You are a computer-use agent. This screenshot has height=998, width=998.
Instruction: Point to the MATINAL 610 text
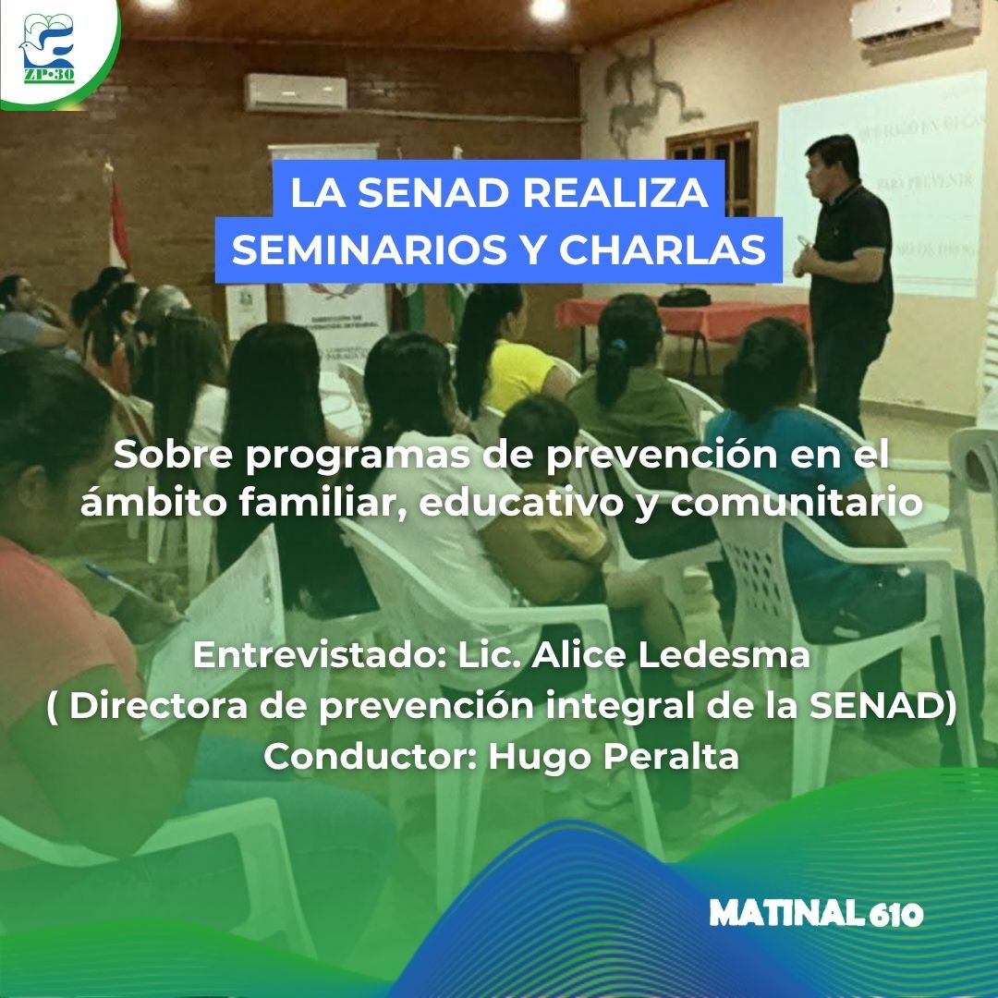click(816, 914)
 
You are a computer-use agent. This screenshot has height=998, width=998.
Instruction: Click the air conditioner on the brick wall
click(296, 92)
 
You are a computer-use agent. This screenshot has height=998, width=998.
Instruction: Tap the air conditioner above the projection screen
click(915, 20)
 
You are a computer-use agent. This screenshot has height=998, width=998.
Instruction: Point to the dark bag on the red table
click(684, 297)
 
